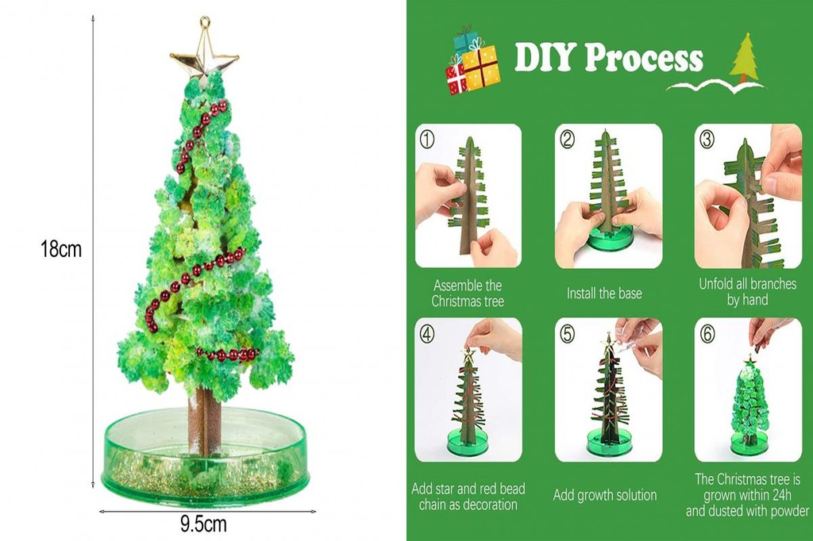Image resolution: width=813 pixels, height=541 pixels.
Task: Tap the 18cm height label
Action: [x=61, y=249]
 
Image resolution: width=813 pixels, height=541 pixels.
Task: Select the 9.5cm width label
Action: [x=203, y=524]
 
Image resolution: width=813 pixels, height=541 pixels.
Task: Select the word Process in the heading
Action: [x=645, y=58]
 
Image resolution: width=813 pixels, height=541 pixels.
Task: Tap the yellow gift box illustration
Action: [x=480, y=67]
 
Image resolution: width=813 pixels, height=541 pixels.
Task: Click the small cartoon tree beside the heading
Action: [x=744, y=58]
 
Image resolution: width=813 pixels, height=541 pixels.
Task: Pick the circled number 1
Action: [x=427, y=139]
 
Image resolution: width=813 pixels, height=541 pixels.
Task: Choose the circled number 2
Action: [x=568, y=139]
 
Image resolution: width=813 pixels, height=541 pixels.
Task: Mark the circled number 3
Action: [x=707, y=139]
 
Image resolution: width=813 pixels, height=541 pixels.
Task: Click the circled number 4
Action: [x=427, y=334]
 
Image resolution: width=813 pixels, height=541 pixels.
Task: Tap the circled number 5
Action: [x=568, y=334]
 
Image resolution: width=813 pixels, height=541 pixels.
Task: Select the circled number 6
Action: [x=707, y=334]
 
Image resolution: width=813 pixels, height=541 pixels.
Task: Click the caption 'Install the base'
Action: [x=604, y=294]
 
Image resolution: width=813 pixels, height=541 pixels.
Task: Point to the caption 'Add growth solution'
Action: [x=604, y=495]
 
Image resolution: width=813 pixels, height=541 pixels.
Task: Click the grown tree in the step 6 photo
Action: [x=749, y=405]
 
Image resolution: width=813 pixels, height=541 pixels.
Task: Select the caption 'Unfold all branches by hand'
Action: [x=747, y=292]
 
